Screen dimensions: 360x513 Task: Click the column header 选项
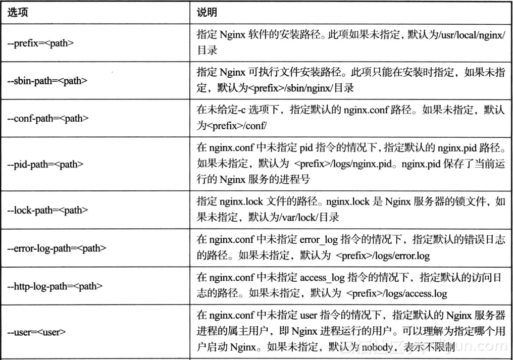click(x=18, y=12)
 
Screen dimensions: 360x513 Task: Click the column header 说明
click(x=207, y=12)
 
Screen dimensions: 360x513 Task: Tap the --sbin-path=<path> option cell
click(x=46, y=81)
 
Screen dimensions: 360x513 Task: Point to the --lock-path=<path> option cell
click(x=46, y=210)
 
